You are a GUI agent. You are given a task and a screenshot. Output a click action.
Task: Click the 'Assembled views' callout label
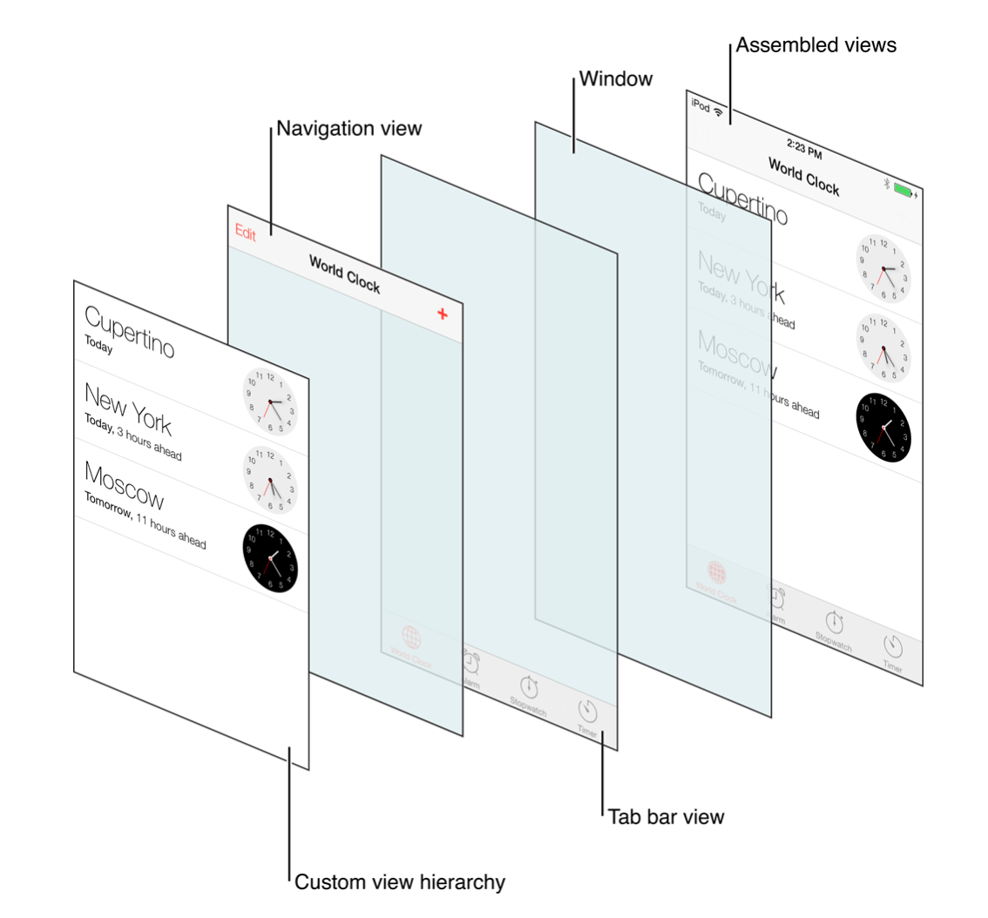[x=815, y=45]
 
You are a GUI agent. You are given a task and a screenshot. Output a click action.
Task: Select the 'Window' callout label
[x=616, y=79]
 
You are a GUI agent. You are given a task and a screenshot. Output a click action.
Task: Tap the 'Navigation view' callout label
[x=349, y=129]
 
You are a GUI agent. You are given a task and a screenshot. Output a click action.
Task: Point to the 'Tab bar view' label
[x=666, y=817]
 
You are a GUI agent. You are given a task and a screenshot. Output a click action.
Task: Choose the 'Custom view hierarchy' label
[x=400, y=882]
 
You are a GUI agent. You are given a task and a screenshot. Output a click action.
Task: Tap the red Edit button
[x=246, y=234]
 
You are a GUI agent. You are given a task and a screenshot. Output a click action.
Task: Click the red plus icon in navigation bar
[x=443, y=314]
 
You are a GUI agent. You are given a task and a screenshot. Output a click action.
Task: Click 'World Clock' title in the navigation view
[x=344, y=274]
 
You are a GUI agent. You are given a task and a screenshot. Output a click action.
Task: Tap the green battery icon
[x=903, y=190]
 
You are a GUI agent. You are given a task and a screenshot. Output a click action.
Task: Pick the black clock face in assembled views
[x=883, y=428]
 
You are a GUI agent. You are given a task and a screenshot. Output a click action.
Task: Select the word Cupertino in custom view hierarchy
[x=129, y=332]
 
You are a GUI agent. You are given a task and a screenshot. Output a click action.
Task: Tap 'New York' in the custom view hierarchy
[x=127, y=408]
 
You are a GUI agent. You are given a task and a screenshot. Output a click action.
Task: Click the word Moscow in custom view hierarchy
[x=124, y=485]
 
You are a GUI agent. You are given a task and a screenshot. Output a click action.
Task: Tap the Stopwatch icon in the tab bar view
[x=529, y=687]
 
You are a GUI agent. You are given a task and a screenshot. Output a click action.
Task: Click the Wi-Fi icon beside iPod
[x=719, y=111]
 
